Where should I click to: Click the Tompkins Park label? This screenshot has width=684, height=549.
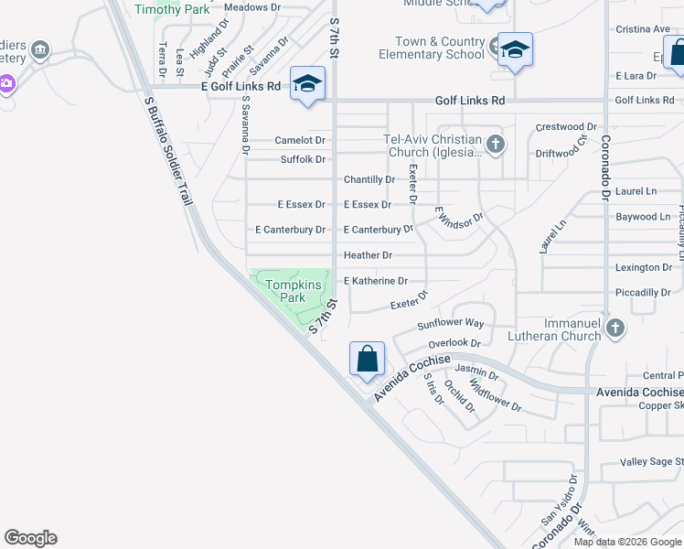(292, 291)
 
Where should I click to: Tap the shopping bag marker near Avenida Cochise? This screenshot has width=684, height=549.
(367, 358)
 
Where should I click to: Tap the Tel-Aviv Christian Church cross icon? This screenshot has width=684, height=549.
(495, 144)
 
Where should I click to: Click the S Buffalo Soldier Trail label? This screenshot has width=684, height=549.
(171, 150)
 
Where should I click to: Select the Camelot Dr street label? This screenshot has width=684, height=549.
(300, 140)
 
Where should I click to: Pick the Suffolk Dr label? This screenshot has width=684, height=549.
(303, 159)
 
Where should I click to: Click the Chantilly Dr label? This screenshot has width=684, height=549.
(369, 179)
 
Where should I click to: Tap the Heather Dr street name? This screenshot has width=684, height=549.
(368, 255)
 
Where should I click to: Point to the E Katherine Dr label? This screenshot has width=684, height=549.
(375, 281)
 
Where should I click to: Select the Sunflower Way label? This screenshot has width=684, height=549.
(450, 324)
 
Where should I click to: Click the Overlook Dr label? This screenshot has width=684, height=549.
(454, 344)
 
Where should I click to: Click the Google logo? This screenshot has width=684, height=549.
(30, 538)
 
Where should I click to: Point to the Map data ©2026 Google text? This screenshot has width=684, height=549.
(626, 542)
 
